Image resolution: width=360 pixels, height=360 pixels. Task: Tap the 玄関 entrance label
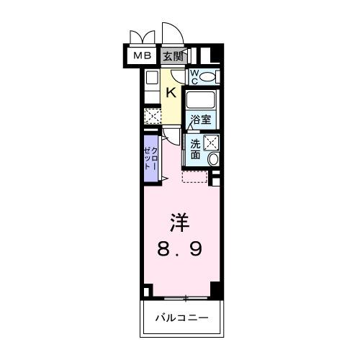(x=171, y=55)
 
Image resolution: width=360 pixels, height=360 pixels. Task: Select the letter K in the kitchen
(x=171, y=91)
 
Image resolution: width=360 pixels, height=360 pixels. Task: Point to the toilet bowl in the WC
(x=208, y=76)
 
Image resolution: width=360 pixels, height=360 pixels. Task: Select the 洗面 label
(x=195, y=148)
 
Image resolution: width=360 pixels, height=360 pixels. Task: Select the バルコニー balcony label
(x=180, y=317)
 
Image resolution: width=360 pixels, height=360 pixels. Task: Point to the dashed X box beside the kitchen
(x=152, y=116)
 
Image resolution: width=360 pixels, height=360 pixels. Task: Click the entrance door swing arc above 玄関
(x=171, y=35)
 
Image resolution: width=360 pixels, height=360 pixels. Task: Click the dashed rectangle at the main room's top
(x=194, y=176)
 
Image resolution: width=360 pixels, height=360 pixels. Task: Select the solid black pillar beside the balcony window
(x=214, y=290)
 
